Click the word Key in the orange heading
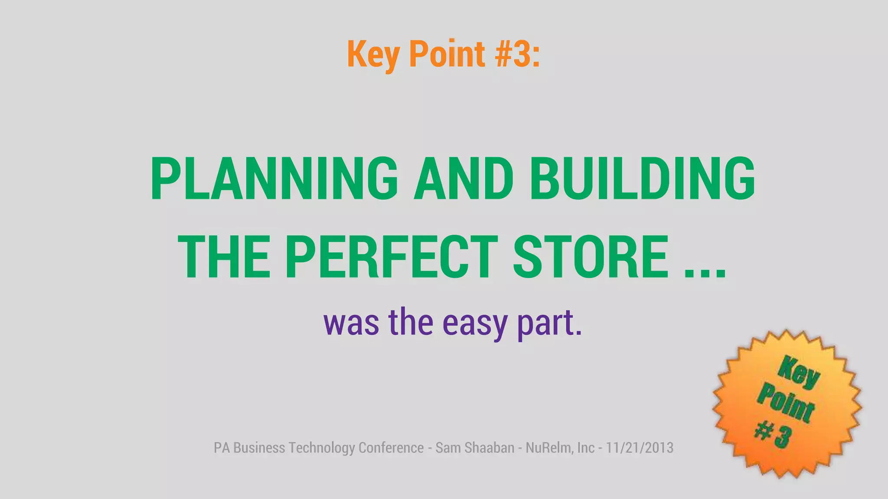pyautogui.click(x=373, y=54)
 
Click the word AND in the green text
pyautogui.click(x=464, y=178)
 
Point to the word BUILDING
pyautogui.click(x=642, y=178)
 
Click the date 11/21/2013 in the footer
pyautogui.click(x=640, y=447)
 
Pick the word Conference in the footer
pyautogui.click(x=391, y=447)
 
